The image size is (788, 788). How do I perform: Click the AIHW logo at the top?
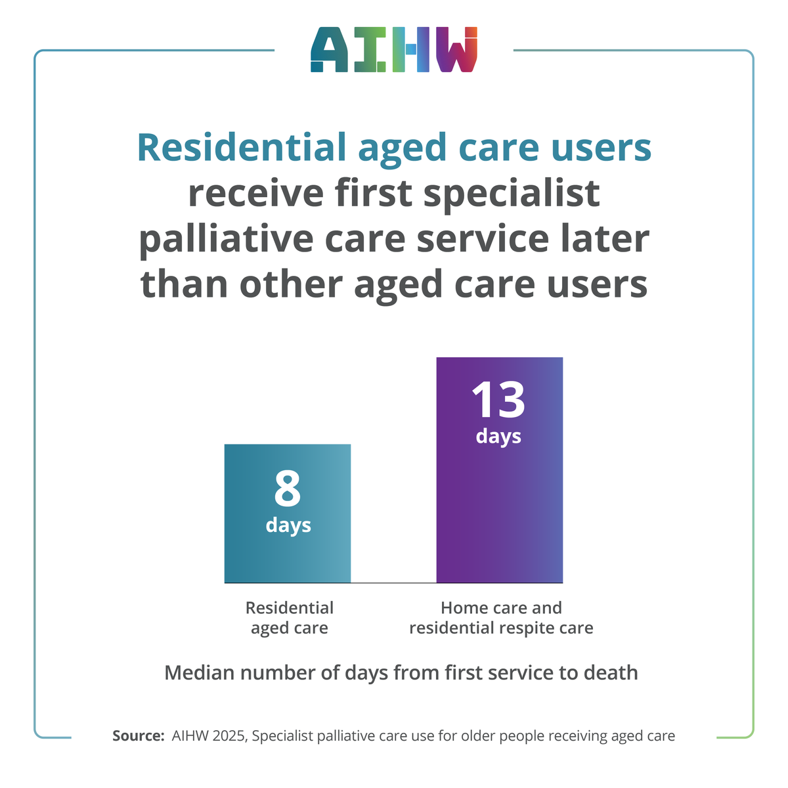point(394,50)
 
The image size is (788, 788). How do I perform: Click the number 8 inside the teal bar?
point(288,489)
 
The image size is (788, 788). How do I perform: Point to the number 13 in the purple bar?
point(498,400)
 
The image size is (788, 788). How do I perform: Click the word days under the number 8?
point(288,526)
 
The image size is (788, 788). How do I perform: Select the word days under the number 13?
point(498,437)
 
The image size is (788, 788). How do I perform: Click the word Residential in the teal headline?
point(242,148)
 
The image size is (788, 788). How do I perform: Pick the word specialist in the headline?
point(512,194)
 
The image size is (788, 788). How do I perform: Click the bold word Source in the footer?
point(137,735)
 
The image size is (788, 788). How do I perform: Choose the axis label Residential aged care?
point(289,618)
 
